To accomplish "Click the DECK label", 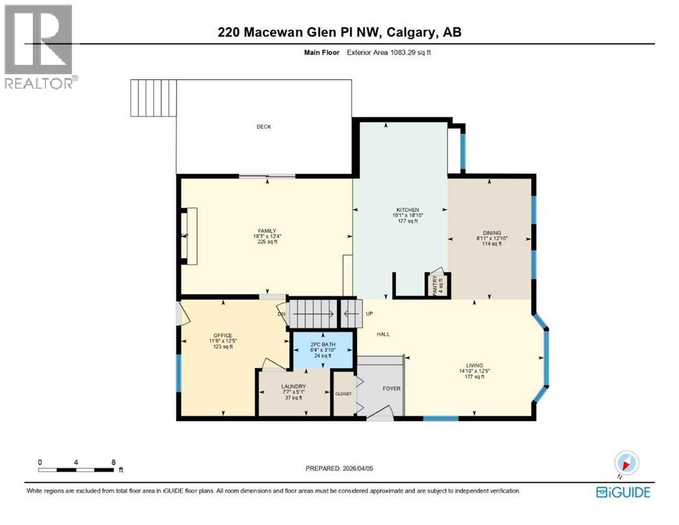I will click(x=264, y=126).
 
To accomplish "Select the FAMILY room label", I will click(x=267, y=231).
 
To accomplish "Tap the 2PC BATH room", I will click(x=321, y=349).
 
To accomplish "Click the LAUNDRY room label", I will click(x=293, y=386).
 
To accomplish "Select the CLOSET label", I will click(x=343, y=394).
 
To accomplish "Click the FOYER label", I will click(x=391, y=388).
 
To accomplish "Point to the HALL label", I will click(x=383, y=334).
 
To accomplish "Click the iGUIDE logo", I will click(x=622, y=492).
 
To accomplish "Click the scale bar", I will click(x=77, y=470).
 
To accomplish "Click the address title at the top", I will click(x=339, y=33).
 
